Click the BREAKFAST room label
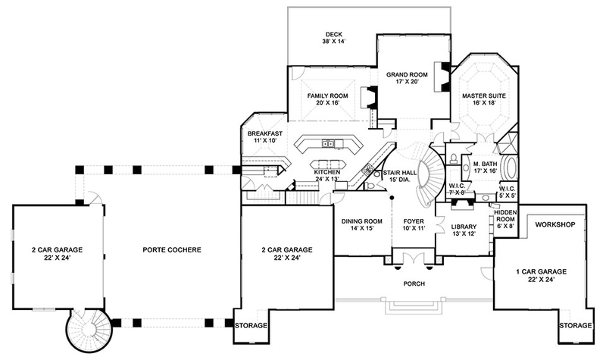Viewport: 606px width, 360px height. [265, 133]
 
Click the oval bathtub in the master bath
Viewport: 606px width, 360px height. [519, 168]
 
